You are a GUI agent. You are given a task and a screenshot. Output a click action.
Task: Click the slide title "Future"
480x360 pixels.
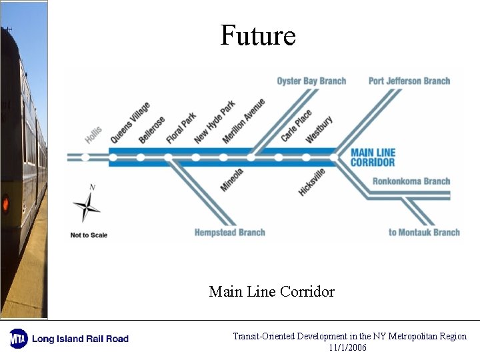(258, 35)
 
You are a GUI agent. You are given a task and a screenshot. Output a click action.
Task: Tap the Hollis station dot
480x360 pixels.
(85, 157)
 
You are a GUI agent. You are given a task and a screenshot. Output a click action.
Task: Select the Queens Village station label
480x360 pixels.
(130, 122)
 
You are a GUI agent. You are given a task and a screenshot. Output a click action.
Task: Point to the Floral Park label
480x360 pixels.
(181, 127)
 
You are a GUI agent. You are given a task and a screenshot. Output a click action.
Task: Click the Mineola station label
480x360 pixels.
(232, 179)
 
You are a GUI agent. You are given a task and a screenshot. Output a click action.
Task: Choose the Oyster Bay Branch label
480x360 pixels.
(311, 81)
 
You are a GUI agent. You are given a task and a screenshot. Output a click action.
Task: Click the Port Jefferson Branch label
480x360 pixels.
(409, 81)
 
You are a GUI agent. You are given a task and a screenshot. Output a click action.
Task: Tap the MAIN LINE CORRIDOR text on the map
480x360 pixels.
(373, 157)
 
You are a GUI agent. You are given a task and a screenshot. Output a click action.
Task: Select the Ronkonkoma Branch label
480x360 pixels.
(411, 181)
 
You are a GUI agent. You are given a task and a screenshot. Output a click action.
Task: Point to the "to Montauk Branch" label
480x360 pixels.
(424, 233)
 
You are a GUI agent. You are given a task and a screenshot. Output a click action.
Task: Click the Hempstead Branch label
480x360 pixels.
(229, 233)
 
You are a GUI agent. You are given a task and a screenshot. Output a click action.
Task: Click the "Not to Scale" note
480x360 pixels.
(89, 235)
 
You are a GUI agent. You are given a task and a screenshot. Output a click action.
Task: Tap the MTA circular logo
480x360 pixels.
(18, 339)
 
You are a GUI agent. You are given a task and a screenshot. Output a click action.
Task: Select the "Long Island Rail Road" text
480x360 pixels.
(80, 339)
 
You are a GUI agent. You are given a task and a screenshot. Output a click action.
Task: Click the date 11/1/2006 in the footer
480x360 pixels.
(347, 347)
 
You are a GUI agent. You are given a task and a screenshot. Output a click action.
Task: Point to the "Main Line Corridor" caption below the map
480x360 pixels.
(271, 291)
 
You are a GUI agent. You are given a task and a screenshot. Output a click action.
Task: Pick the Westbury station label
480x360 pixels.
(319, 129)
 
